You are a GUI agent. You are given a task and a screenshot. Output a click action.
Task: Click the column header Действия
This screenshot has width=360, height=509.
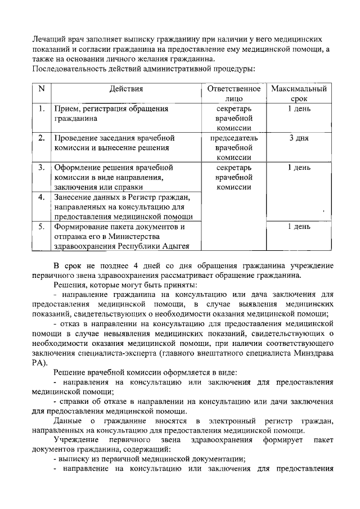pos(127,89)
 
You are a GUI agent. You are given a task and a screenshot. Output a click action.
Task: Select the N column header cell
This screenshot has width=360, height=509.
pos(40,89)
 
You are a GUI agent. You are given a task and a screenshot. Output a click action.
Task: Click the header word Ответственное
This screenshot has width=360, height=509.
pos(233,89)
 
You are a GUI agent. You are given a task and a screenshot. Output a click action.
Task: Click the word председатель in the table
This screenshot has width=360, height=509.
pos(233,138)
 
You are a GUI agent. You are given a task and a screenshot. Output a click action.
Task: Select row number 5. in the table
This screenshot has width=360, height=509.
pos(41,227)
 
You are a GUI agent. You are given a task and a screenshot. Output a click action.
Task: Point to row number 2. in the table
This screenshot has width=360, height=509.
pos(41,138)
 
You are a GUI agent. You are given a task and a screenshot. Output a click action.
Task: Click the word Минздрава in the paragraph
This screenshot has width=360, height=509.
pos(313,353)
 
